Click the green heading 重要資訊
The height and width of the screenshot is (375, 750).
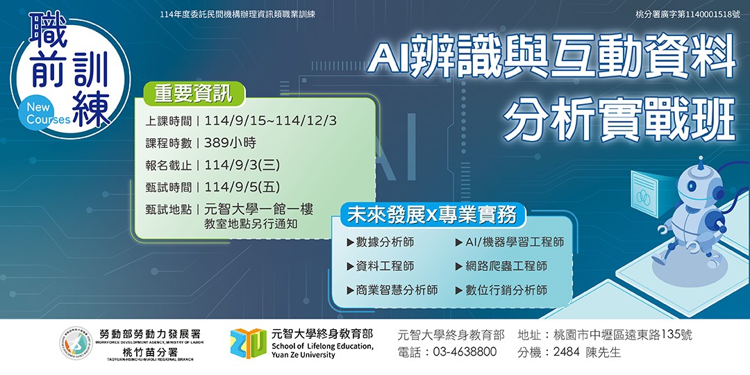point(188,94)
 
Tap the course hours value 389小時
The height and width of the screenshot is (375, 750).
point(230,143)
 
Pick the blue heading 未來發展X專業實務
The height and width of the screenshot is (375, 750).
point(432,215)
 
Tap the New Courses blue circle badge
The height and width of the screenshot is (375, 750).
point(48,113)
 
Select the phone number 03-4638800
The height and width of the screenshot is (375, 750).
point(465,352)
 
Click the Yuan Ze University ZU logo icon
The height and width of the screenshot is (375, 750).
point(248,344)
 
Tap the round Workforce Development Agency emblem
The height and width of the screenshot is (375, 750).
point(76,342)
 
